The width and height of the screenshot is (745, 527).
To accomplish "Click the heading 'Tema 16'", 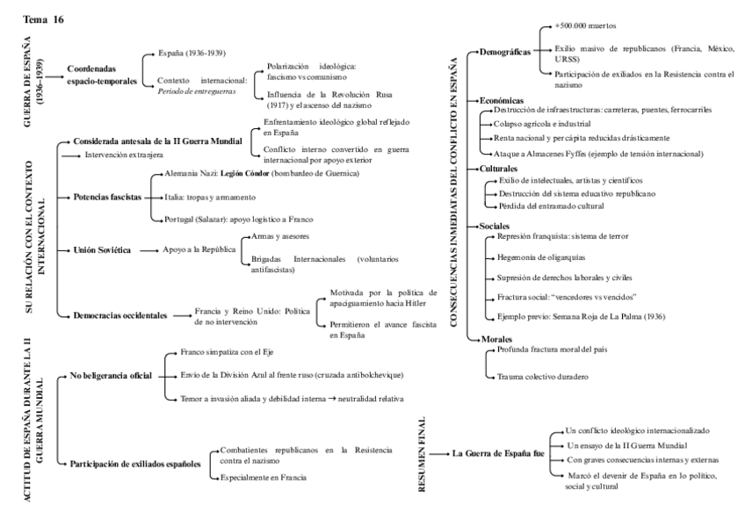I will tap(43, 18).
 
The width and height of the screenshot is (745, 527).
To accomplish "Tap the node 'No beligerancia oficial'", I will tap(111, 376).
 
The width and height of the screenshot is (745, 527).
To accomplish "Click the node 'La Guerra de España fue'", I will tap(497, 453).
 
